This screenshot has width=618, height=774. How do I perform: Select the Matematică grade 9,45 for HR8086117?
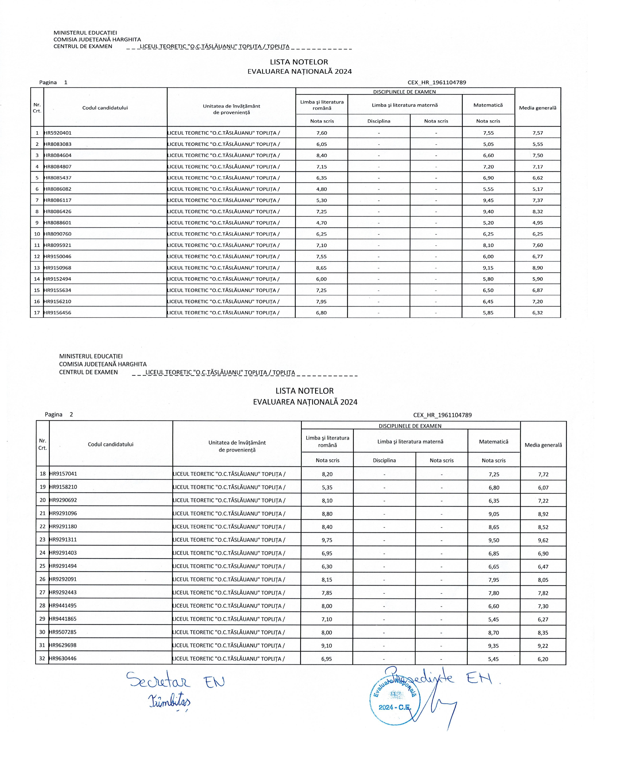pyautogui.click(x=488, y=200)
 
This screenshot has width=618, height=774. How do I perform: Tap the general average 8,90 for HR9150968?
pyautogui.click(x=538, y=268)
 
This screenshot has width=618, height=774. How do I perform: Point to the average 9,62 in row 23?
pyautogui.click(x=543, y=540)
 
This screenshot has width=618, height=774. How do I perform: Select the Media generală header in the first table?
pyautogui.click(x=538, y=108)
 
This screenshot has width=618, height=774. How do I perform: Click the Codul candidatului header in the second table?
pyautogui.click(x=110, y=444)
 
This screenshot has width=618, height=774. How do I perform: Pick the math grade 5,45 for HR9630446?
pyautogui.click(x=493, y=659)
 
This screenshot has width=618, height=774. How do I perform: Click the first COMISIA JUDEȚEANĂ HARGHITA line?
pyautogui.click(x=97, y=39)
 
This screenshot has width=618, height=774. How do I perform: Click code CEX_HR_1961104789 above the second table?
pyautogui.click(x=442, y=415)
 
